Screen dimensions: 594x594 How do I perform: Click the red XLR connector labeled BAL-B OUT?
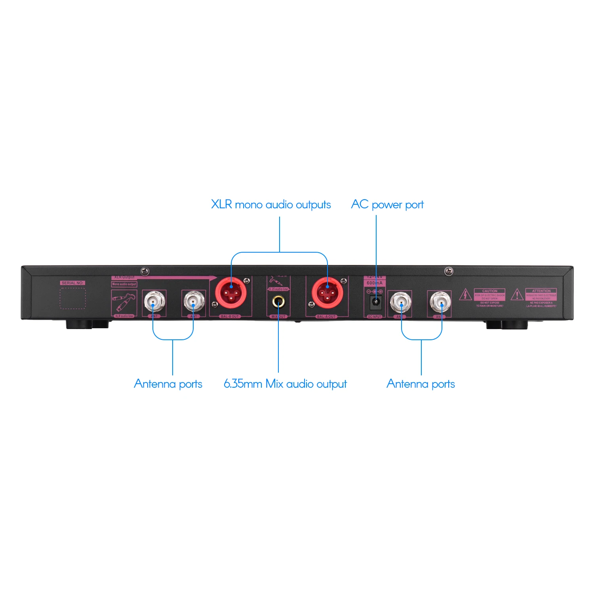(x=230, y=293)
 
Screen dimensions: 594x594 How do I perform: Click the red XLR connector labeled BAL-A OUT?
(x=327, y=293)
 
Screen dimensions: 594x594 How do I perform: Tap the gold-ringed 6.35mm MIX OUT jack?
(x=278, y=302)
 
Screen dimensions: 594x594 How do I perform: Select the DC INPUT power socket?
(x=375, y=303)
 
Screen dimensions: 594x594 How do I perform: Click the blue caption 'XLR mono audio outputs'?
(x=271, y=205)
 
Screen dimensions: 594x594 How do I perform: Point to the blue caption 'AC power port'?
(x=387, y=205)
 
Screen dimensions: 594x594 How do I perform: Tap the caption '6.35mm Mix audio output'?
(x=285, y=384)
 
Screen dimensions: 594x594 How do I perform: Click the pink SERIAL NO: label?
(x=72, y=283)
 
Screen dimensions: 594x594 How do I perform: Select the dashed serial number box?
(x=72, y=298)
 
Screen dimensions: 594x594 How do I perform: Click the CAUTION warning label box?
(x=489, y=295)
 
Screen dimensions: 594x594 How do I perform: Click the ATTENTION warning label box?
(x=541, y=295)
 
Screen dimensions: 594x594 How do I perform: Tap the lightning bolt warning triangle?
(x=465, y=295)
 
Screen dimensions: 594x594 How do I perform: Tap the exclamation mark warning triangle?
(x=517, y=295)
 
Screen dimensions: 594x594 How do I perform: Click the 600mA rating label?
(x=374, y=283)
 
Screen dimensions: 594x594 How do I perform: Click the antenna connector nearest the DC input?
(x=401, y=303)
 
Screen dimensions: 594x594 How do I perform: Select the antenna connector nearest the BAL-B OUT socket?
(x=194, y=302)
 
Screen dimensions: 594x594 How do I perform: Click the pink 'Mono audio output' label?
(x=124, y=284)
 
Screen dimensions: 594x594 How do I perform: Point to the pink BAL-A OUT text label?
(x=326, y=316)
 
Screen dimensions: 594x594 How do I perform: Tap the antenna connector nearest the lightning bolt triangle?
(x=440, y=303)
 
